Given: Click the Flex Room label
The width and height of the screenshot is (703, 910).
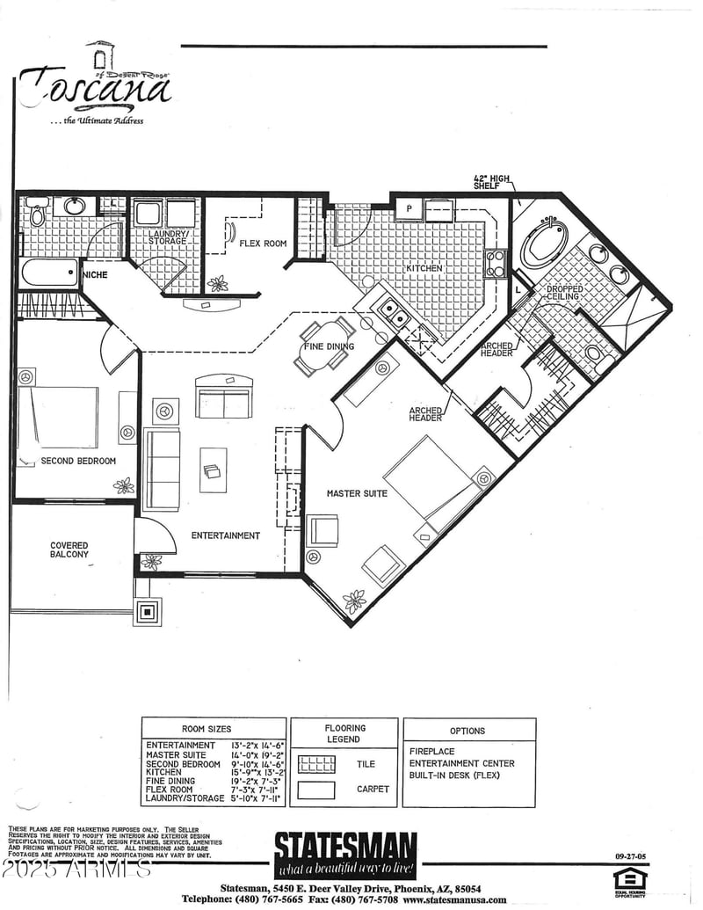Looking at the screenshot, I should pyautogui.click(x=263, y=244).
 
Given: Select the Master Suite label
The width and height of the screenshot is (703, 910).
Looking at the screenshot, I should pyautogui.click(x=357, y=493).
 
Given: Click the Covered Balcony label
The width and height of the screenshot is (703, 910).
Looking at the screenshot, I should pyautogui.click(x=69, y=550).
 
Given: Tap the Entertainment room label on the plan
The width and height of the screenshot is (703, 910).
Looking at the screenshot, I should pyautogui.click(x=226, y=535).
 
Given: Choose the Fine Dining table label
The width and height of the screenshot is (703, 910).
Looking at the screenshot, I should pyautogui.click(x=329, y=346).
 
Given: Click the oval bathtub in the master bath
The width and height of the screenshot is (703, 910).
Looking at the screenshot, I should pyautogui.click(x=544, y=244).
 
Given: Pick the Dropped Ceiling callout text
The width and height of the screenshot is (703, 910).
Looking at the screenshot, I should pyautogui.click(x=563, y=293).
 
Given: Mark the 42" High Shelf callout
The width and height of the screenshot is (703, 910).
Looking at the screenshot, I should pyautogui.click(x=492, y=183).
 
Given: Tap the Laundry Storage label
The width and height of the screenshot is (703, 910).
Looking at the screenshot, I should pyautogui.click(x=166, y=237).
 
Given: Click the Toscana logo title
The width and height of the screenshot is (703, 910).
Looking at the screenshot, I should pyautogui.click(x=95, y=87).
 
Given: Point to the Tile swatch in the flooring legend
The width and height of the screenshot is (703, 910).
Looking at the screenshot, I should pyautogui.click(x=316, y=764).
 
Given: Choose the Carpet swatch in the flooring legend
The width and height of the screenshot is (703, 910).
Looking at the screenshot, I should pyautogui.click(x=316, y=790).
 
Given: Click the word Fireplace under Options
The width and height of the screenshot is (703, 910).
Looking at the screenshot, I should pyautogui.click(x=432, y=752).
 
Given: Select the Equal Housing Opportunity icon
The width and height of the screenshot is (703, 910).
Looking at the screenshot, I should pyautogui.click(x=629, y=880).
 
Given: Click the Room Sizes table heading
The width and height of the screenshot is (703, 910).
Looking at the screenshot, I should pyautogui.click(x=207, y=729).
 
